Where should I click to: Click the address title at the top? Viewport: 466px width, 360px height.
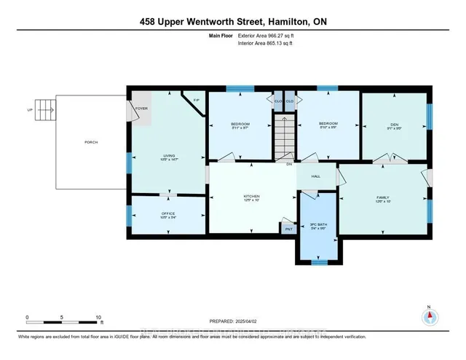[233, 22]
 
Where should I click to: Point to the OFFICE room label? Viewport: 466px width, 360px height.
[169, 214]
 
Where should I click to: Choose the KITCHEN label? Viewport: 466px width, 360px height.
[252, 197]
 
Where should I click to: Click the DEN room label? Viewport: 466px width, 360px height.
[394, 124]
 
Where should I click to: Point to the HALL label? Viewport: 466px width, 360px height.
[316, 176]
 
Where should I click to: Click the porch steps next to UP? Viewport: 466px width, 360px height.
[45, 111]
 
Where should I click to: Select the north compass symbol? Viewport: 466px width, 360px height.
[430, 317]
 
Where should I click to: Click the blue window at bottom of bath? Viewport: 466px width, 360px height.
[317, 261]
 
